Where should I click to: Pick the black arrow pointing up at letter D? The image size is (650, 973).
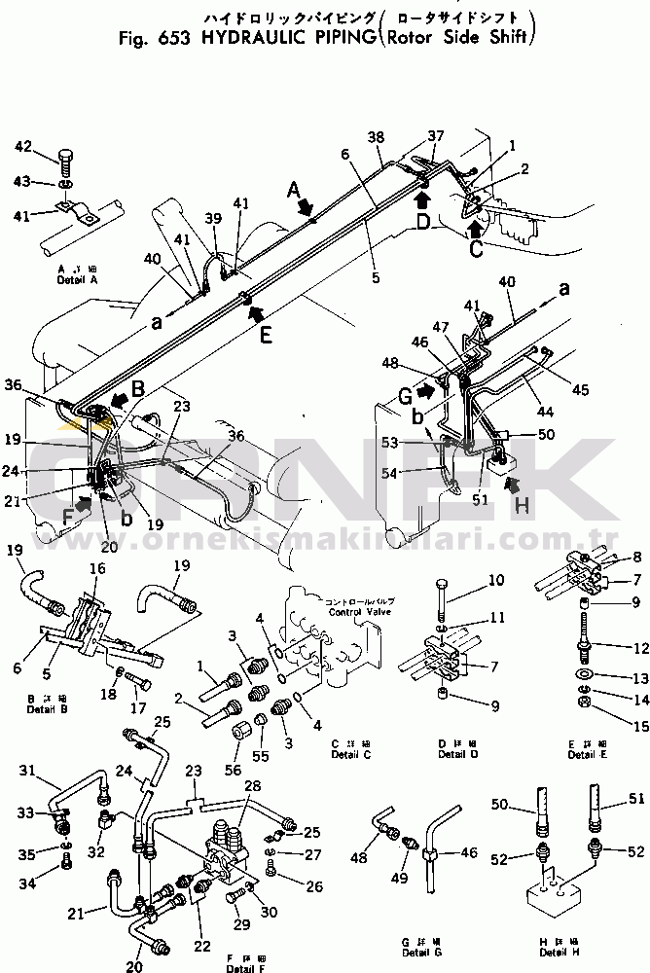(x=421, y=200)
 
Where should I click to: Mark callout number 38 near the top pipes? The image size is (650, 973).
(x=377, y=139)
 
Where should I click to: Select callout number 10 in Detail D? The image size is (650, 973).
(x=468, y=580)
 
